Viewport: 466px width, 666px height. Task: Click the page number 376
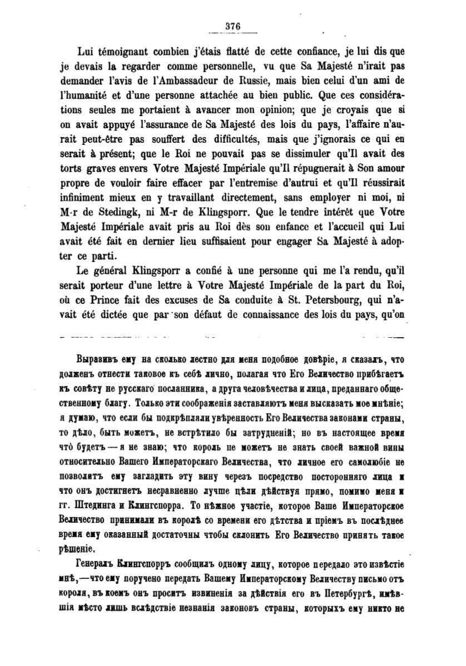click(232, 26)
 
